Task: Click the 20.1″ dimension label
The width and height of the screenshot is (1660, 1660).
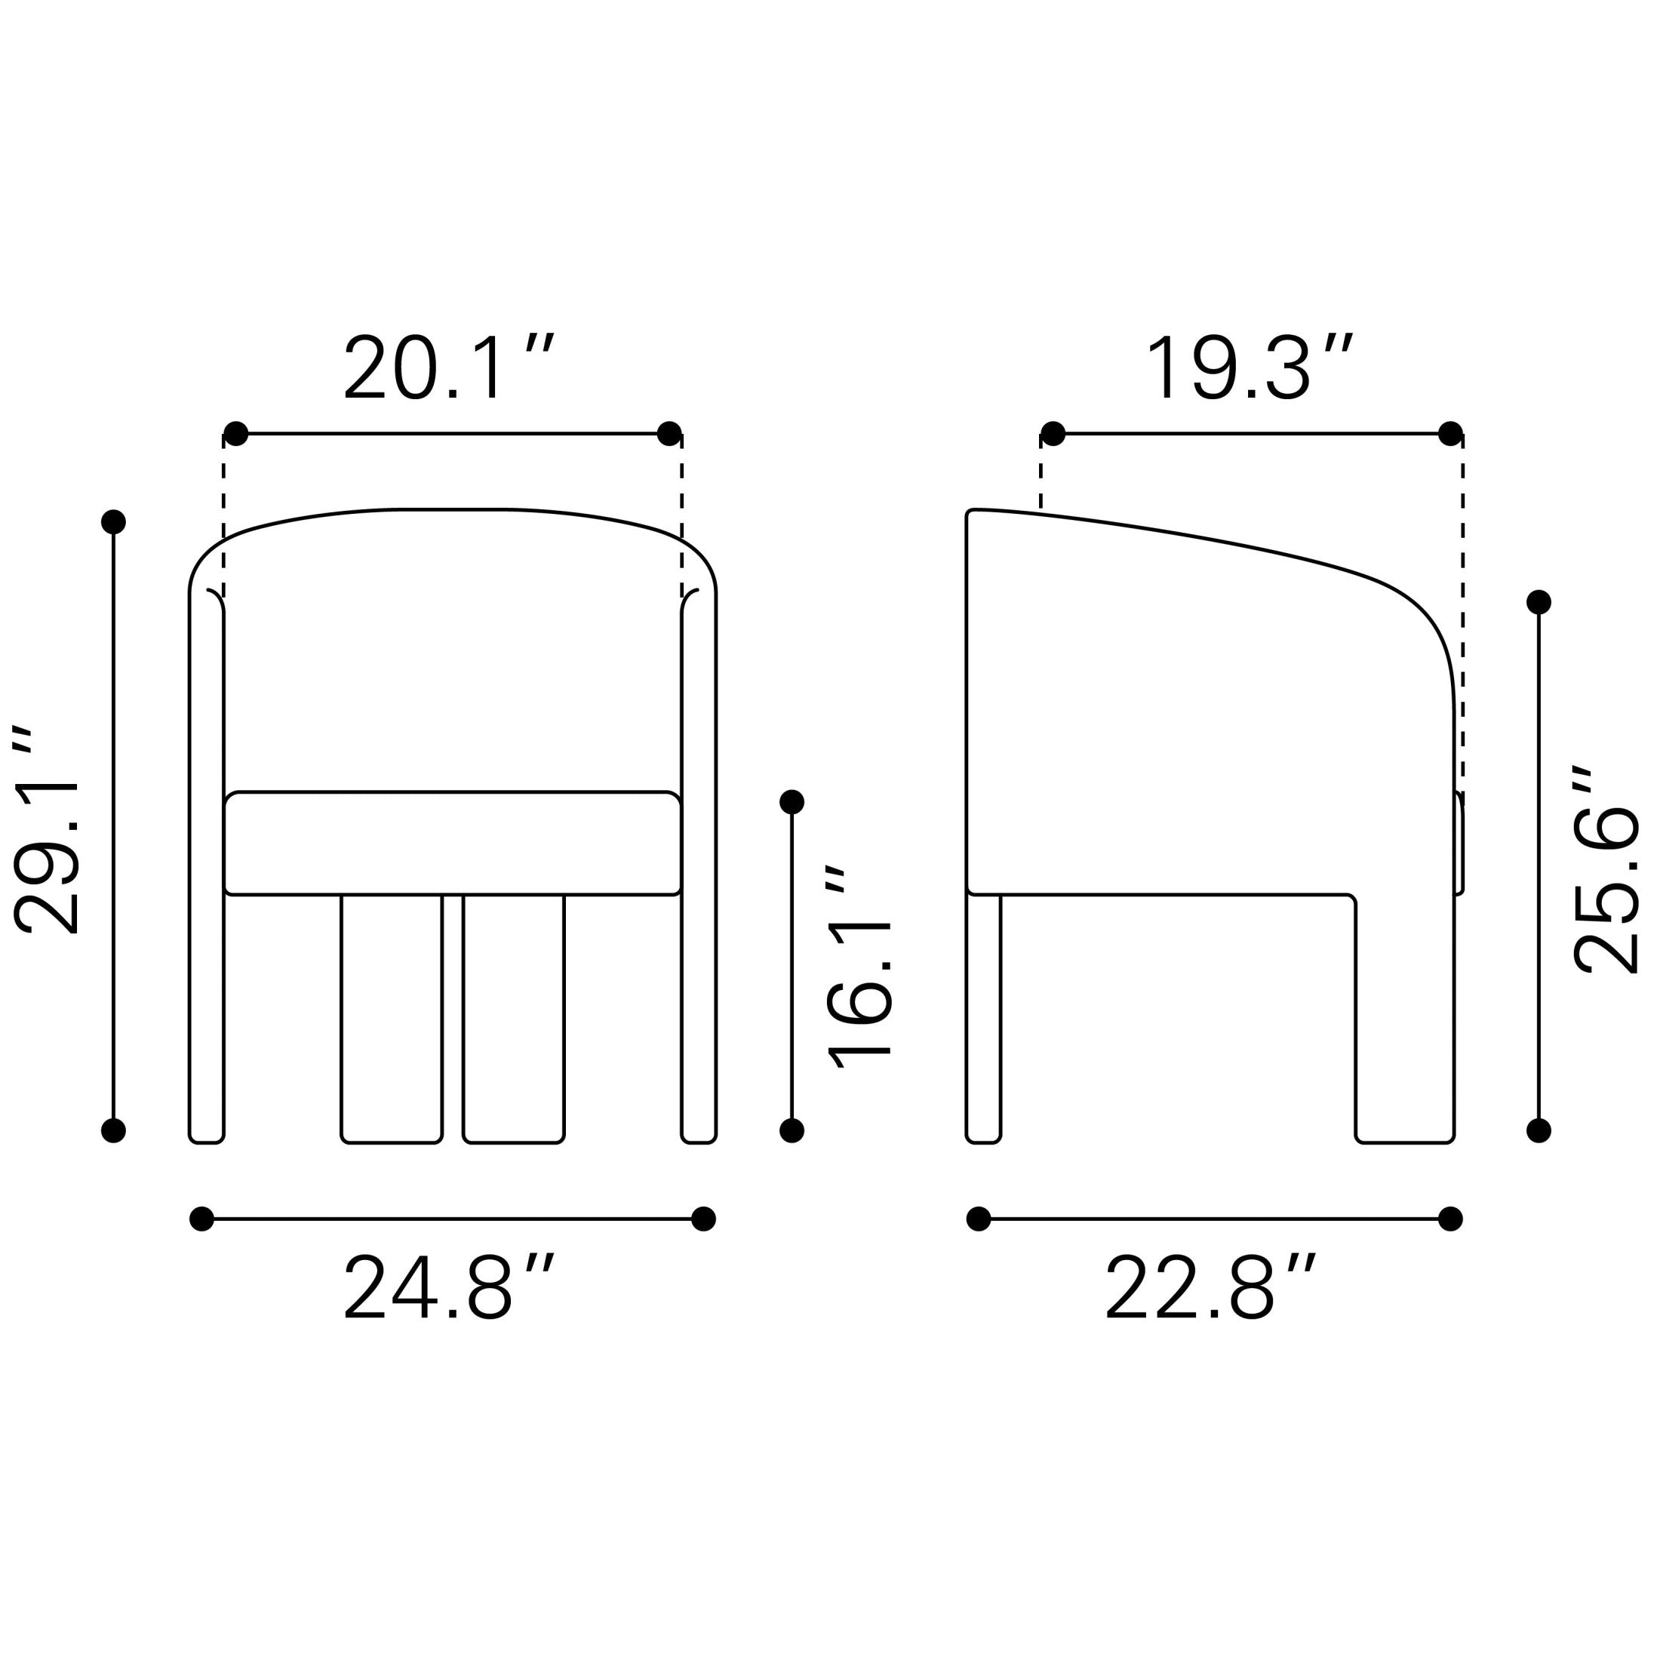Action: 450,367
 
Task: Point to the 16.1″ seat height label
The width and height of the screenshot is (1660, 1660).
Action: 859,967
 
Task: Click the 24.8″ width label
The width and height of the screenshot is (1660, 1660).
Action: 450,1286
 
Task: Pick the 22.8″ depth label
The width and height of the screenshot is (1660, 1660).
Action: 1210,1286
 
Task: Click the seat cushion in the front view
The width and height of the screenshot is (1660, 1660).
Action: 453,843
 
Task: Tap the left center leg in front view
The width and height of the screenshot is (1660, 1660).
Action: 392,1019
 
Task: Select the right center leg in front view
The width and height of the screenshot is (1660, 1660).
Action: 514,1019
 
